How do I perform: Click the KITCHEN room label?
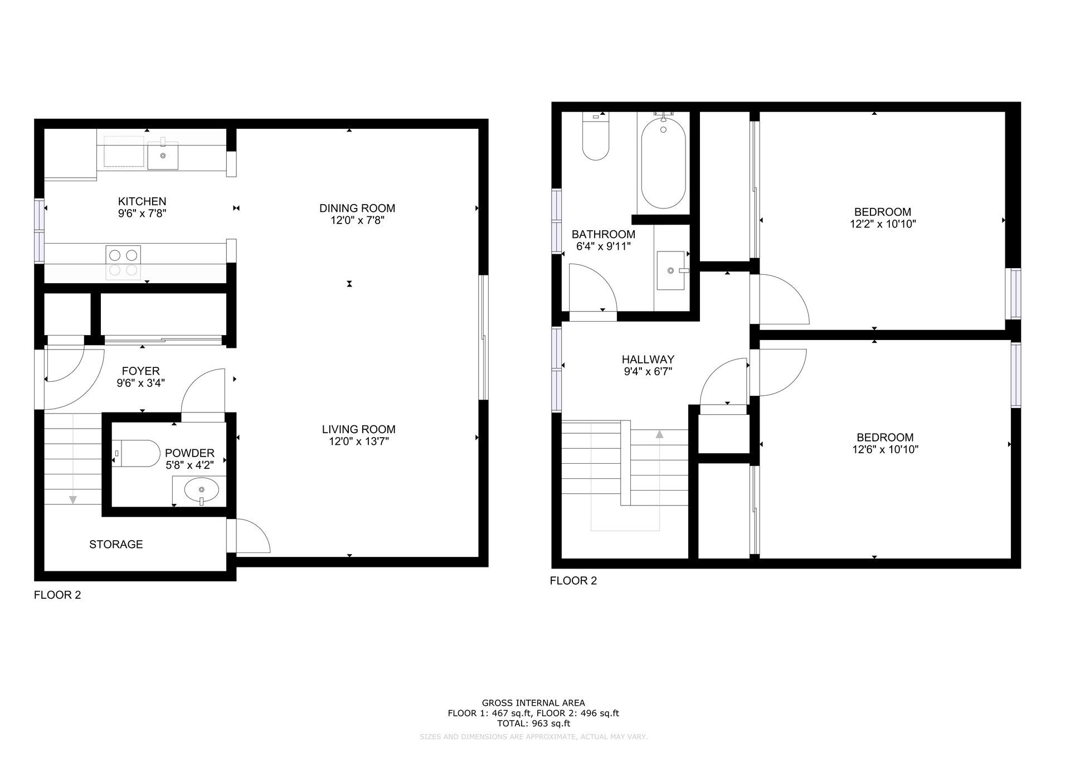point(142,201)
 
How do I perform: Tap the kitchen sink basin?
point(163,156)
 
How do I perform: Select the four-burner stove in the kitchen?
point(123,263)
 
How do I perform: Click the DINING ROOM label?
point(357,208)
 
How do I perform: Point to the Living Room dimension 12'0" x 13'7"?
point(358,441)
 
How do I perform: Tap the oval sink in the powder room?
point(201,490)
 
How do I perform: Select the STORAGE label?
point(116,544)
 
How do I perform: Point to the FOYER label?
point(140,371)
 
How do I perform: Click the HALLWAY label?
point(648,360)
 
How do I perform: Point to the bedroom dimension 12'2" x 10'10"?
point(883,224)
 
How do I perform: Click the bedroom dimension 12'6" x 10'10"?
point(885,449)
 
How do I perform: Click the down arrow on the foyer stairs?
point(73,499)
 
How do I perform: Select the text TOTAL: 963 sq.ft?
point(533,724)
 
